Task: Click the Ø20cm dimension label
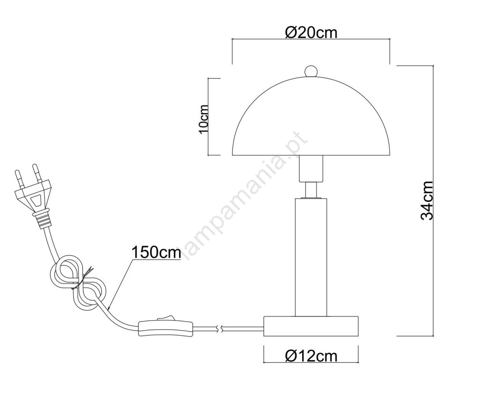click(x=311, y=32)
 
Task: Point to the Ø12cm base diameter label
click(x=311, y=356)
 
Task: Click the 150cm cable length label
click(x=156, y=252)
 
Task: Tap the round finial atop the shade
click(x=311, y=71)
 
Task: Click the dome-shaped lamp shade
click(x=311, y=115)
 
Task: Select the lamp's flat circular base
click(x=311, y=326)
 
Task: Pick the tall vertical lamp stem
click(x=311, y=257)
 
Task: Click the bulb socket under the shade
click(x=311, y=168)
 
